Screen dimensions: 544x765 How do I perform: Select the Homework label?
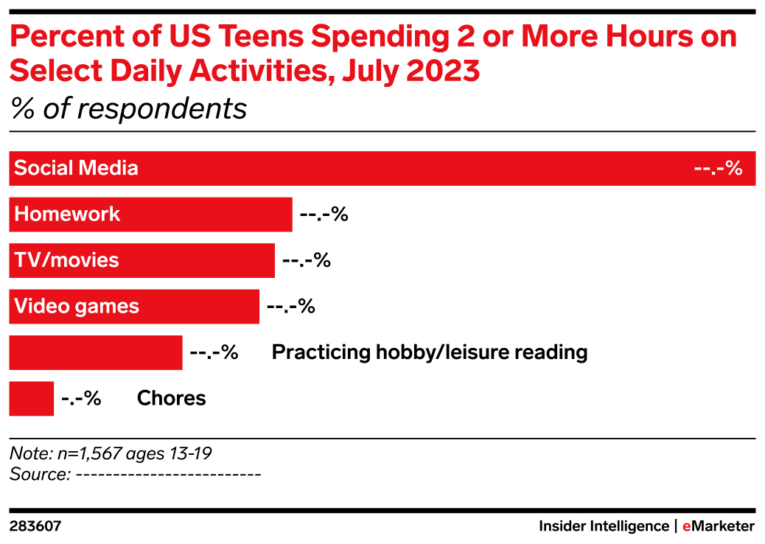pos(67,215)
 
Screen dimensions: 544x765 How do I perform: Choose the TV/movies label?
pos(66,260)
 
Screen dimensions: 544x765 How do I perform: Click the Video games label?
pos(77,306)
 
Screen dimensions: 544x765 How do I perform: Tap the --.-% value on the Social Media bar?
pos(718,168)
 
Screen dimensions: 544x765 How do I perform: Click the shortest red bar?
pos(32,399)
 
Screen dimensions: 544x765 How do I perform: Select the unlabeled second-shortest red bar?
pos(96,352)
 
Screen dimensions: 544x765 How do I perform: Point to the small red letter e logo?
pos(686,527)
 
